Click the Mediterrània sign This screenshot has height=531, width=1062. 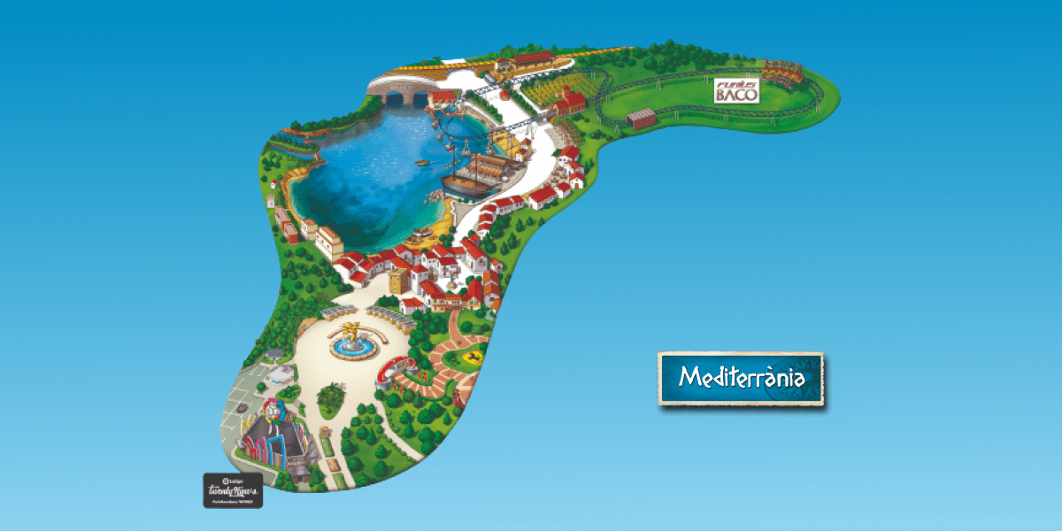(x=741, y=379)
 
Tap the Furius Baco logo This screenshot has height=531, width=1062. (x=737, y=89)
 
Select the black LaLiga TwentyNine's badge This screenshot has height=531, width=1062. (x=234, y=489)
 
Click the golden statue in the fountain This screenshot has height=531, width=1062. (x=351, y=335)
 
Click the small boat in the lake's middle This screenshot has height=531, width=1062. (x=423, y=162)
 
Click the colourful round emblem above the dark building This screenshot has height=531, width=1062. (x=273, y=409)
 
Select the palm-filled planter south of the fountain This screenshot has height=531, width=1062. (x=331, y=399)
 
